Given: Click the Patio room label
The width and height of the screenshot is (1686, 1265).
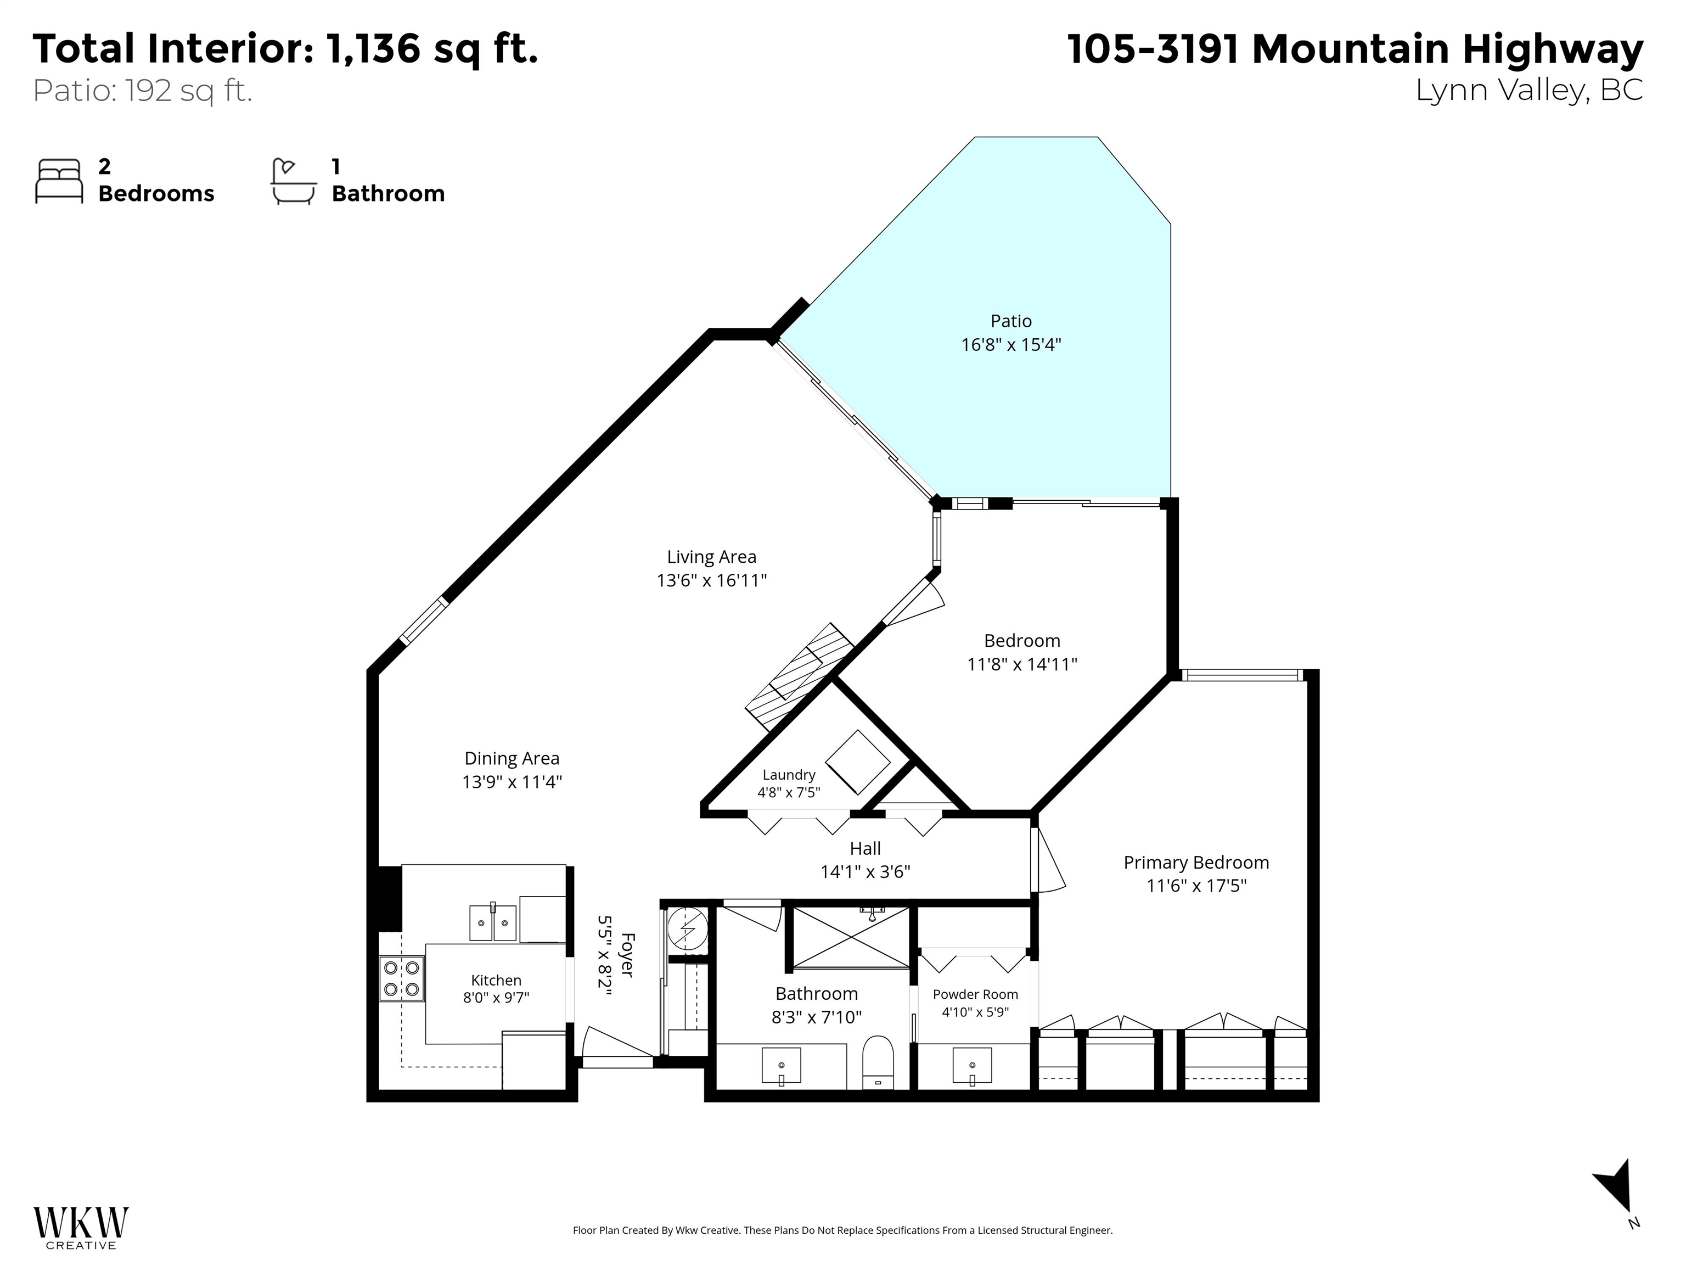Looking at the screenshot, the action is click(x=1011, y=321).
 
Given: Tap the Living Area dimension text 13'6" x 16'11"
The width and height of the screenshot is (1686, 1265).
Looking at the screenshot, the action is click(x=711, y=581).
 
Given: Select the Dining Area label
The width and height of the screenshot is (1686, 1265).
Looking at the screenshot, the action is click(x=512, y=759).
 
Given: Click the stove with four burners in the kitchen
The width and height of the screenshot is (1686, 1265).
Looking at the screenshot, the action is click(x=402, y=978).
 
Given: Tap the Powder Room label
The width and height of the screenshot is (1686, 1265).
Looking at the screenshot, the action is click(x=975, y=994).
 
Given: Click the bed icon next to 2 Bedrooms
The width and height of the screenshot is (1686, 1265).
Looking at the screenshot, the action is click(x=59, y=182).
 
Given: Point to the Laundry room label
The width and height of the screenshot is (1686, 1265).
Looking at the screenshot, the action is click(x=788, y=775).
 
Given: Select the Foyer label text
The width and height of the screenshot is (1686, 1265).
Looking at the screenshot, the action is click(x=627, y=955).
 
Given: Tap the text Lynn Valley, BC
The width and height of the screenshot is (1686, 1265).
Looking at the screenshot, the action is click(x=1529, y=90).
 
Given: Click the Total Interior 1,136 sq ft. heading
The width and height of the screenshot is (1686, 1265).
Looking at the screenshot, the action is click(x=285, y=49).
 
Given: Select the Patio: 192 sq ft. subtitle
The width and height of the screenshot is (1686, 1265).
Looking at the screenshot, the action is click(x=143, y=91).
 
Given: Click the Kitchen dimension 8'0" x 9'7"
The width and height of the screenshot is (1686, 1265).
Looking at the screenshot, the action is click(x=496, y=998).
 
